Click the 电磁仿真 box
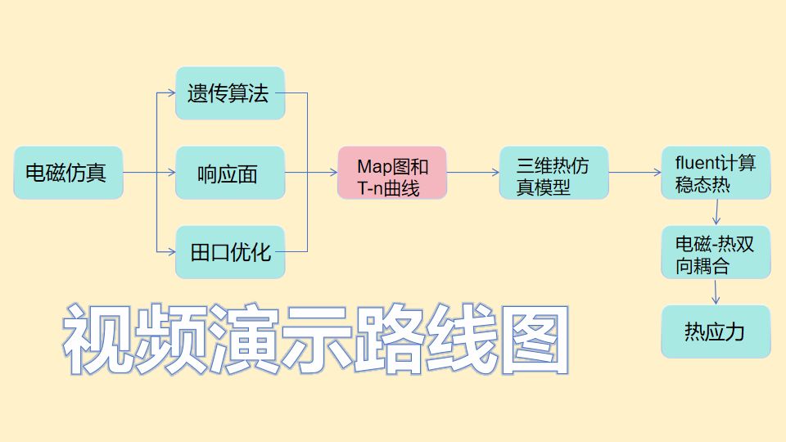pyautogui.click(x=68, y=173)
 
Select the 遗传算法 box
pyautogui.click(x=230, y=93)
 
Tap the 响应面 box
pyautogui.click(x=230, y=173)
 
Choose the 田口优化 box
pyautogui.click(x=230, y=251)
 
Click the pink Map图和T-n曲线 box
pyautogui.click(x=392, y=173)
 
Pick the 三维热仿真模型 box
pyautogui.click(x=554, y=173)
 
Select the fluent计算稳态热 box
pyautogui.click(x=716, y=173)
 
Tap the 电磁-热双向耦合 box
pyautogui.click(x=716, y=253)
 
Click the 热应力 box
pyautogui.click(x=716, y=331)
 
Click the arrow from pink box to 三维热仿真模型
pyautogui.click(x=473, y=173)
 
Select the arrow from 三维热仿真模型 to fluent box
pyautogui.click(x=635, y=173)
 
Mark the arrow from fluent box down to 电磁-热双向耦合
pyautogui.click(x=717, y=212)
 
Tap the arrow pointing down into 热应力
pyautogui.click(x=717, y=292)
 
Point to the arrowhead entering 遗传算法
pyautogui.click(x=171, y=93)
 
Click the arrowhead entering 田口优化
pyautogui.click(x=171, y=251)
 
